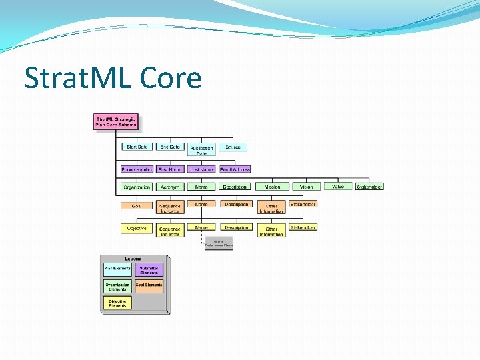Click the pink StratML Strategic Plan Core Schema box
point(116,122)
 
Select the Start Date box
point(137,147)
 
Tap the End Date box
point(170,147)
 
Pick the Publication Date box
point(201,150)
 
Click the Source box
point(233,147)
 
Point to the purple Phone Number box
point(137,169)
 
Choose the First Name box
point(170,169)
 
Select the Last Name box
point(201,169)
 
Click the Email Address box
point(235,169)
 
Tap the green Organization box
point(137,187)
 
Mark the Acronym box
point(170,187)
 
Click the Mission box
point(272,187)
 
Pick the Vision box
point(306,187)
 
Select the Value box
point(337,187)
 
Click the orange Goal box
point(137,205)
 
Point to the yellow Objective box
point(137,229)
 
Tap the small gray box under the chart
point(219,243)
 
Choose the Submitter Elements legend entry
point(149,270)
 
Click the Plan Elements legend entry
point(117,269)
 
